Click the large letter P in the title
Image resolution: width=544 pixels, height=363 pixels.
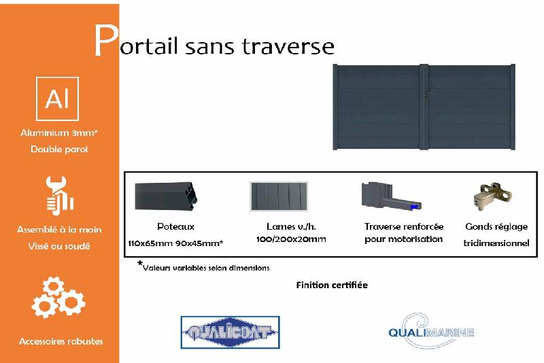105,42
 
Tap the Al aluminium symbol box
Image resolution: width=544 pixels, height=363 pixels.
57,99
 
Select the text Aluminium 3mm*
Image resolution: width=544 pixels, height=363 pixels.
59,133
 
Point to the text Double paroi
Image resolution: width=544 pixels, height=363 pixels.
59,149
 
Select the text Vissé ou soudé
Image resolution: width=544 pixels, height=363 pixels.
59,246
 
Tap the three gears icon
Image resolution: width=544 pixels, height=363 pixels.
58,298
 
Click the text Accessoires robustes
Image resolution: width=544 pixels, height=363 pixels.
61,341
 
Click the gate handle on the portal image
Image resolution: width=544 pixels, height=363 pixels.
426,94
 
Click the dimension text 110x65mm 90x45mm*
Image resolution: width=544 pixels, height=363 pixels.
175,243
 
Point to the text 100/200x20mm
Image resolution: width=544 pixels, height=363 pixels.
292,239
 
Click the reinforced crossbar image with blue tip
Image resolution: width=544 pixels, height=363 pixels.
390,196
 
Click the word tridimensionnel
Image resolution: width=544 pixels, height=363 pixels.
496,243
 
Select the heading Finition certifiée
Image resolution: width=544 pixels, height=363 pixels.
332,285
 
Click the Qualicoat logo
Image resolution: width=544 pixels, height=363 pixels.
230,332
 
